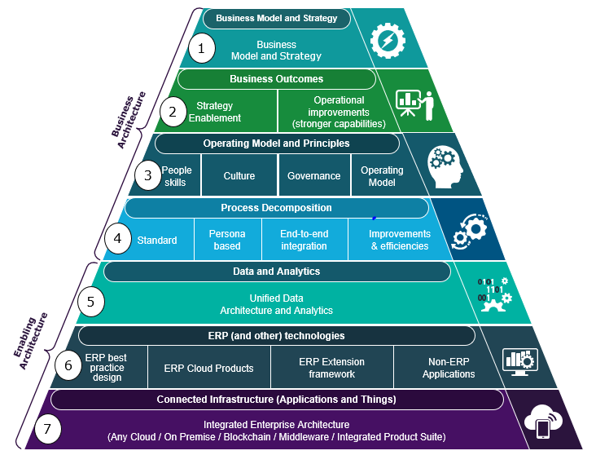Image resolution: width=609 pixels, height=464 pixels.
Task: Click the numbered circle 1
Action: (201, 48)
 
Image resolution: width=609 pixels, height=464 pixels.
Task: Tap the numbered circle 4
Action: (118, 240)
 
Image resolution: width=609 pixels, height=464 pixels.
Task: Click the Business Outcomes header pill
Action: (276, 79)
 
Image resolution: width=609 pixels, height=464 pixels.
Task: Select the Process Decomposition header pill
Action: (276, 208)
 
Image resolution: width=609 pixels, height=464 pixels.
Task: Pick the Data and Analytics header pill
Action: (276, 271)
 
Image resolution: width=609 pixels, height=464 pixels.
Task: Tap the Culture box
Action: (239, 176)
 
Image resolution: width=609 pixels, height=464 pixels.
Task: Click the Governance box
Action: (313, 176)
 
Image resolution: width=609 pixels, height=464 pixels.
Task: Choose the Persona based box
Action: (227, 240)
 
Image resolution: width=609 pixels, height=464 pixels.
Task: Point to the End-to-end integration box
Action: (304, 240)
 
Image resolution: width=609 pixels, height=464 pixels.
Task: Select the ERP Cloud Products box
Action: (208, 368)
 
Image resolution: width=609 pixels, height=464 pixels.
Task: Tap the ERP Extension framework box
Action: (331, 368)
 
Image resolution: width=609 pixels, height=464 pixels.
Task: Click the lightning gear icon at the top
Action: (387, 39)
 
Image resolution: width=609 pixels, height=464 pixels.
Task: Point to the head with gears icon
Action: (445, 166)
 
